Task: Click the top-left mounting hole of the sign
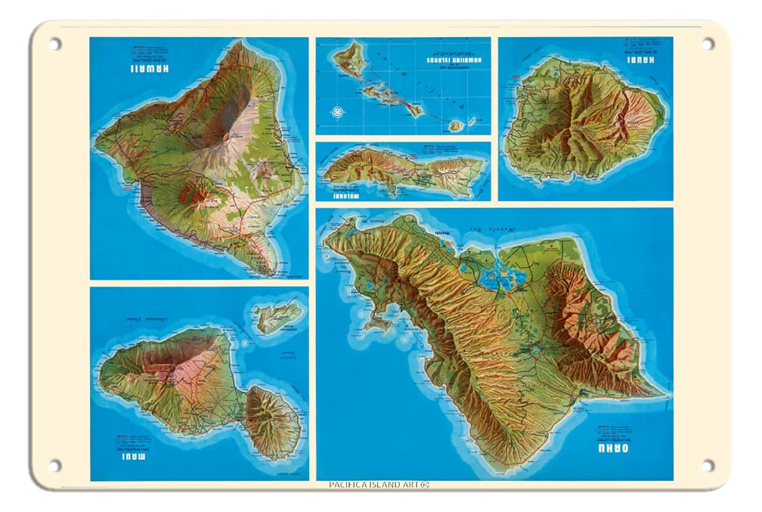click(x=54, y=44)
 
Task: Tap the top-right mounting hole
click(x=707, y=44)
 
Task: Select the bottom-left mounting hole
click(x=54, y=465)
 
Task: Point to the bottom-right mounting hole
click(x=707, y=465)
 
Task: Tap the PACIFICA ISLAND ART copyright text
click(x=380, y=486)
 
